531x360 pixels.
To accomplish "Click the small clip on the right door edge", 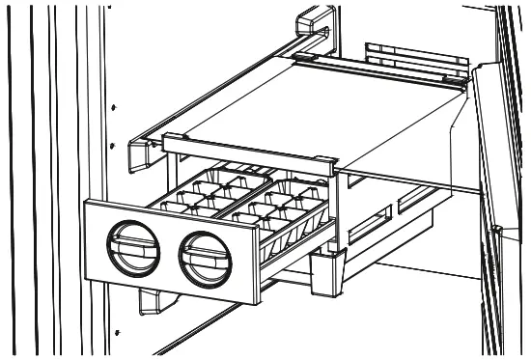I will click(x=493, y=230).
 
